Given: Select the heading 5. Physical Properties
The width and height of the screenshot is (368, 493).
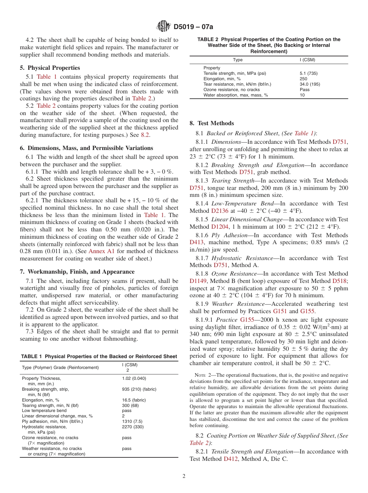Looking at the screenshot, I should (50, 68).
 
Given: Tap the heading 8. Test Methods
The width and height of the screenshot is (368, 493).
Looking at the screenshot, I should (212, 123).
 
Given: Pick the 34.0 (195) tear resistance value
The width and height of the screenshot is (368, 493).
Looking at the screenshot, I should (310, 84).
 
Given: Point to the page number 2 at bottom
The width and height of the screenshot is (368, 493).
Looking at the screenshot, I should (184, 476).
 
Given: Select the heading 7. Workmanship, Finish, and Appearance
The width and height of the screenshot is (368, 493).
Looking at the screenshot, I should (77, 272).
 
